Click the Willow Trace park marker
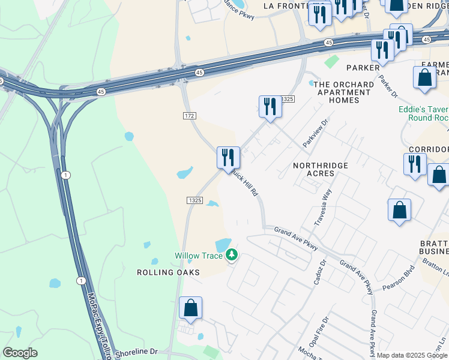(232, 256)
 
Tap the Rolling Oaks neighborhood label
(159, 272)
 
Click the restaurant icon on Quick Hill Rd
(228, 158)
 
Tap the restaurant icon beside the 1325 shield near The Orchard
(270, 107)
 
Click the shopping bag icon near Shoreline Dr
(190, 308)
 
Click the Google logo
(20, 353)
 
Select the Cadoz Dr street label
(318, 272)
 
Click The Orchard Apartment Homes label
(343, 92)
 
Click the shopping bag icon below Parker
(424, 78)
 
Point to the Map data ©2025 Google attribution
(412, 355)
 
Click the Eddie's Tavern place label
(423, 114)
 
